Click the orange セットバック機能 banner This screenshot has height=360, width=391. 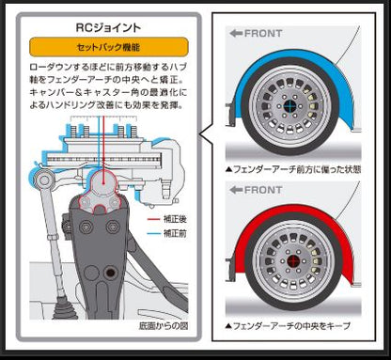click(105, 45)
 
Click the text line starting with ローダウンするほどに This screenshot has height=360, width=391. click(105, 70)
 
